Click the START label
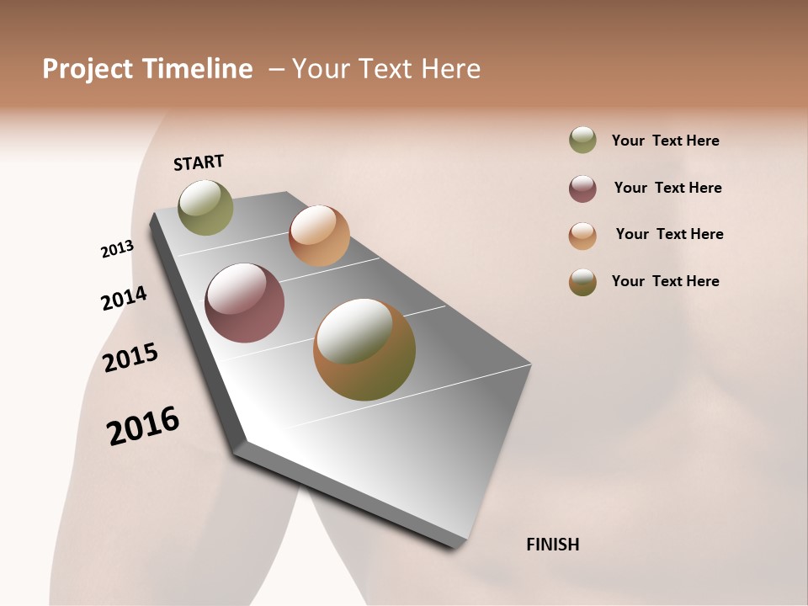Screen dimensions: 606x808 pos(199,162)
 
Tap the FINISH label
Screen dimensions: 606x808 pos(552,545)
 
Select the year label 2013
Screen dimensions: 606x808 pos(117,249)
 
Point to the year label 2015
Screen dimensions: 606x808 pos(130,358)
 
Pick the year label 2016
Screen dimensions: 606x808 pos(143,426)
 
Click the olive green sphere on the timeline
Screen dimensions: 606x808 pos(205,207)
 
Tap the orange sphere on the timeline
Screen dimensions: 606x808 pos(319,236)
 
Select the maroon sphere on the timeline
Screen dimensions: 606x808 pos(245,303)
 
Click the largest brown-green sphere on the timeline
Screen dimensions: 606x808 pos(364,349)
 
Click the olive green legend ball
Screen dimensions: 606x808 pos(582,140)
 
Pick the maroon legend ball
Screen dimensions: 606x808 pos(582,189)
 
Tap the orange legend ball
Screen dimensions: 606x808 pos(582,236)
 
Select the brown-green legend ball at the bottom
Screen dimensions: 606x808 pos(582,283)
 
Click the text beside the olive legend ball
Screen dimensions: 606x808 pos(665,141)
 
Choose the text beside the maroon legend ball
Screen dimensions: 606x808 pos(667,188)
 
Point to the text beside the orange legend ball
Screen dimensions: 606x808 pos(669,234)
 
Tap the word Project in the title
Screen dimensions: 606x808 pos(88,69)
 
